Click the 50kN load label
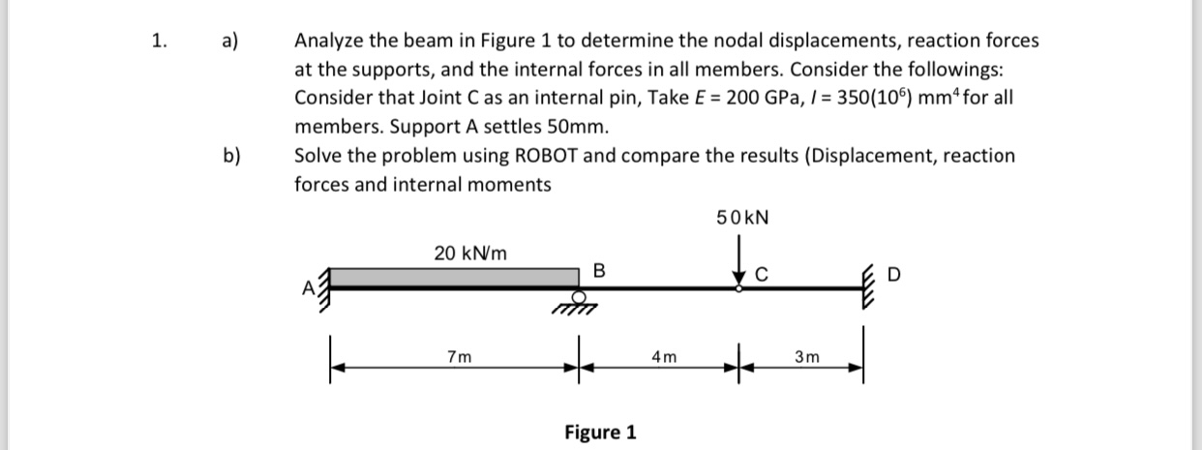[x=742, y=218]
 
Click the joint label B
[x=598, y=269]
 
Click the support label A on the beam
[x=309, y=286]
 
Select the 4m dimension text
[x=664, y=357]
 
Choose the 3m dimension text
[x=807, y=357]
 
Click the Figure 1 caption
[x=600, y=432]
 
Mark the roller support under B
[x=579, y=301]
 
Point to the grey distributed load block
[x=455, y=277]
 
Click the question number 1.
[x=159, y=41]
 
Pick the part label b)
[x=232, y=156]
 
